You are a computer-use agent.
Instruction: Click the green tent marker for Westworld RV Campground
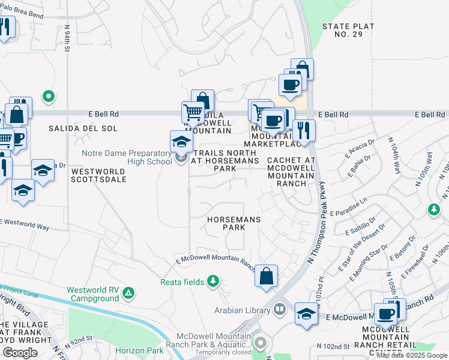[x=128, y=293]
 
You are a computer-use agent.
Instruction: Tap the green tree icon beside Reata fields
[x=212, y=281]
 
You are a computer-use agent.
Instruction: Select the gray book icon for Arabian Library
[x=279, y=310]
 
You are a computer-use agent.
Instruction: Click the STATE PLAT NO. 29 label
[x=348, y=31]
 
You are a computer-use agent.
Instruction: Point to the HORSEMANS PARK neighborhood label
[x=234, y=224]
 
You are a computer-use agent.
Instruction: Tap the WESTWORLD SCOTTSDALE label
[x=98, y=175]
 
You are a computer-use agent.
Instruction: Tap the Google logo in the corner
[x=20, y=353]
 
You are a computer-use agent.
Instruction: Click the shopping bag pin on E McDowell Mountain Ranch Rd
[x=266, y=277]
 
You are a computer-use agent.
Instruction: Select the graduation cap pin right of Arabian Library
[x=306, y=314]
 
